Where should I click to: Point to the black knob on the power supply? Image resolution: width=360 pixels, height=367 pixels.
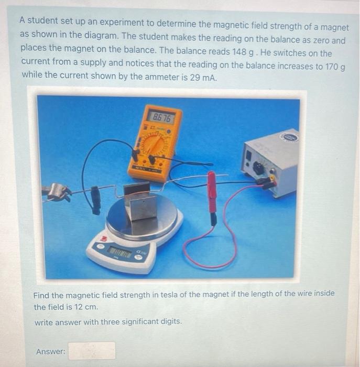pos(258,168)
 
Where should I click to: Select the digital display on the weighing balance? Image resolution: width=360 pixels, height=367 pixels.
pos(120,254)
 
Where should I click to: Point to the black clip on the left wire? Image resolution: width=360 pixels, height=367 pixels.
pos(96,200)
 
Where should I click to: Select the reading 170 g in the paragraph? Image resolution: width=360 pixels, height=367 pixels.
pos(334,67)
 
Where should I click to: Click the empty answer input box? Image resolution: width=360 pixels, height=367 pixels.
pos(91,351)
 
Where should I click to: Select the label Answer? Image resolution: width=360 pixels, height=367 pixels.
pos(51,351)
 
